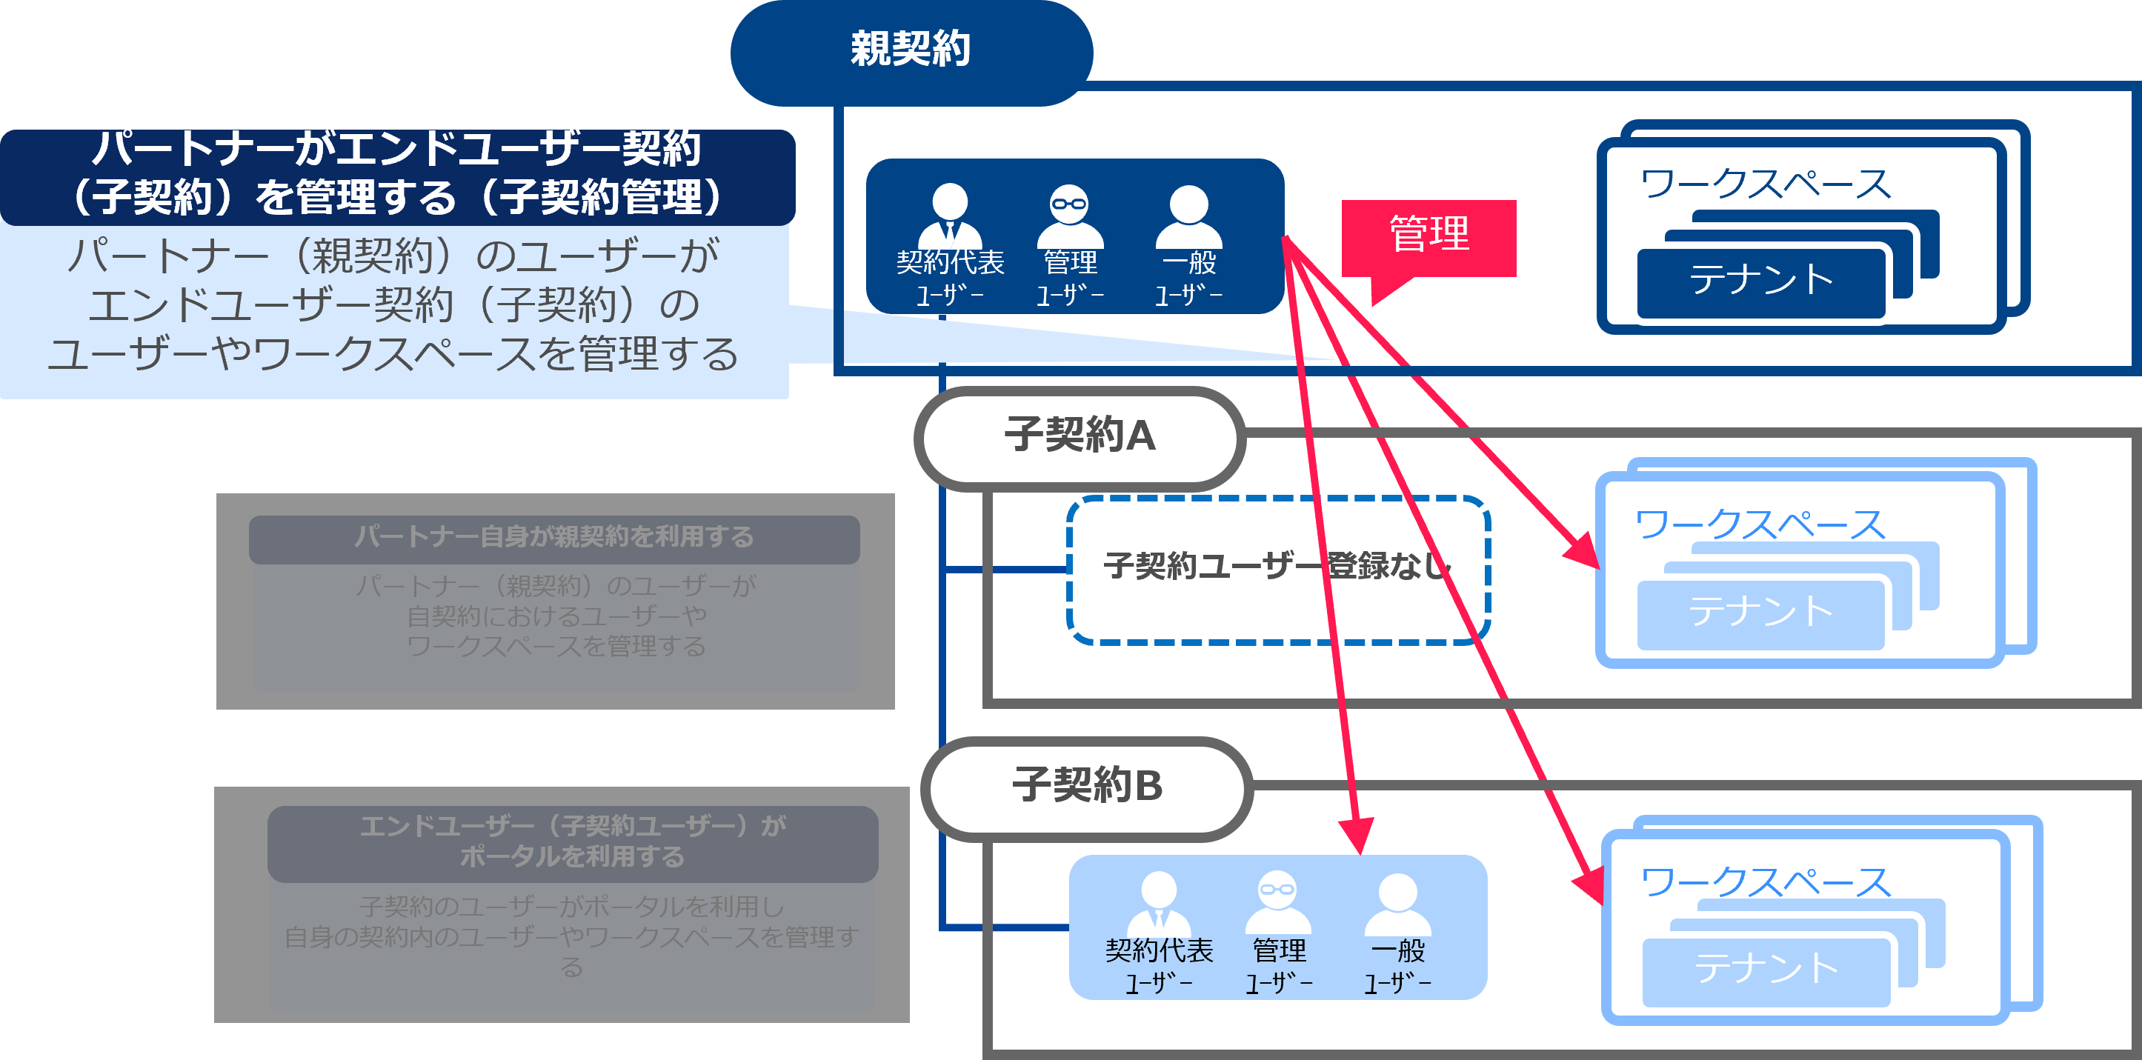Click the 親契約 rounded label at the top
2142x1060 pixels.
click(x=911, y=50)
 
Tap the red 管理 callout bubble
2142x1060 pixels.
click(x=1428, y=236)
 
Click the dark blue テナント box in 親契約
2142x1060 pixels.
click(x=1760, y=281)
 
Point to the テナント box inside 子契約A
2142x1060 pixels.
click(x=1760, y=613)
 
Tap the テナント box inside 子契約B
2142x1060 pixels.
click(x=1766, y=970)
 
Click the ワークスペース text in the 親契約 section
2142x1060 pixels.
click(x=1764, y=184)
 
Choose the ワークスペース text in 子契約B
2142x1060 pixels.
click(x=1764, y=883)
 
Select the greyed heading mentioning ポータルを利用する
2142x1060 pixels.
click(x=572, y=842)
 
